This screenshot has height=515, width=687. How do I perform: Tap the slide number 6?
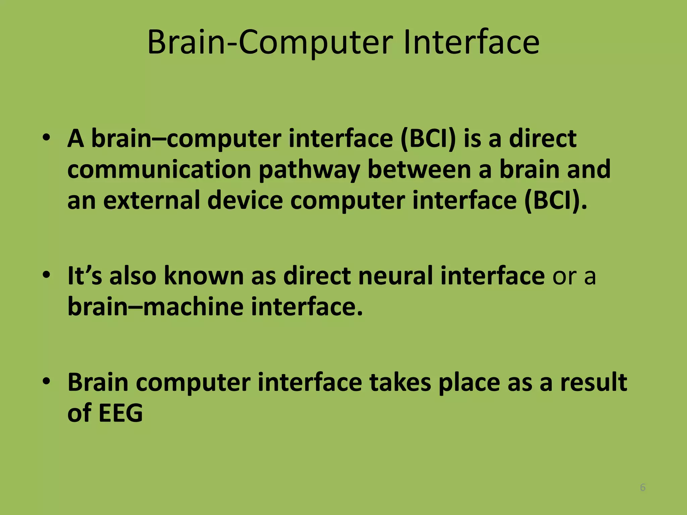click(x=643, y=487)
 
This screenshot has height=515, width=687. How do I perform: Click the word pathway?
click(x=309, y=170)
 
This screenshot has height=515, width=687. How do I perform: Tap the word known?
click(x=204, y=275)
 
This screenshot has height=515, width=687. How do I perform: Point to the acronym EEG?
click(x=121, y=413)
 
